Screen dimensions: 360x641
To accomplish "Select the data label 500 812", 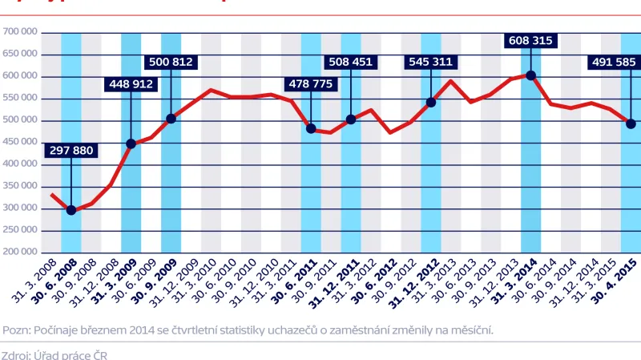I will click(x=171, y=61).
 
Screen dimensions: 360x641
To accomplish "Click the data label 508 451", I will click(x=351, y=61).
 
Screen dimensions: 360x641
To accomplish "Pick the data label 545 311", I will click(x=431, y=61).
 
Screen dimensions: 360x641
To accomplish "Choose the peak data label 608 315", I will click(x=530, y=40).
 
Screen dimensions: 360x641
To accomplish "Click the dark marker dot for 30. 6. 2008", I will click(x=71, y=210).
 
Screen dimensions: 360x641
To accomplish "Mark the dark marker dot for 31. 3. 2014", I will click(x=530, y=75).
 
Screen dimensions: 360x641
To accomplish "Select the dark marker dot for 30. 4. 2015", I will click(x=631, y=123).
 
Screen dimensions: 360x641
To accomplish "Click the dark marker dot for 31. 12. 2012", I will click(x=431, y=102).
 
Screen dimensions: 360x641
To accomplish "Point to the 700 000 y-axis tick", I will click(x=22, y=33).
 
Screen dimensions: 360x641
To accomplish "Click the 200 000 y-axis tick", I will click(x=22, y=252).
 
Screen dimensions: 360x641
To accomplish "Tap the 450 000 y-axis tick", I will click(x=22, y=143).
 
